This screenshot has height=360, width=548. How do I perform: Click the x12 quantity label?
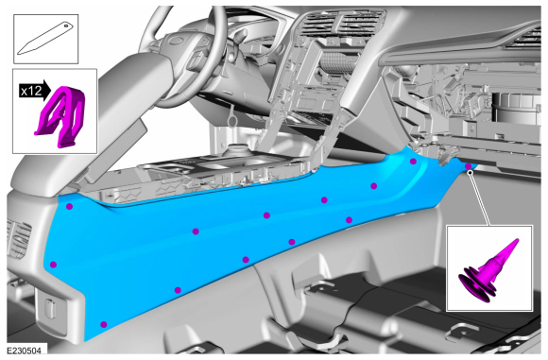(x=31, y=92)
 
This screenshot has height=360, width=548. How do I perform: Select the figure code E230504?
(x=25, y=351)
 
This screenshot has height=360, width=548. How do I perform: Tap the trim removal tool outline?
(x=45, y=38)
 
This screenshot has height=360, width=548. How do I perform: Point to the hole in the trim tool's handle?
(x=66, y=26)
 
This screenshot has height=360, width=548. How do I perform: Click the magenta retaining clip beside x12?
(x=61, y=116)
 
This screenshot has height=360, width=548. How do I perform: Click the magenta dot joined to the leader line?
(x=469, y=166)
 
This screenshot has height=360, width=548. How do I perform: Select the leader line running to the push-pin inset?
(x=480, y=197)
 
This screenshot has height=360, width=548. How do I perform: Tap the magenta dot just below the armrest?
(x=69, y=207)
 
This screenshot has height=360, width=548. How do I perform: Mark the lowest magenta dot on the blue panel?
(x=103, y=324)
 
